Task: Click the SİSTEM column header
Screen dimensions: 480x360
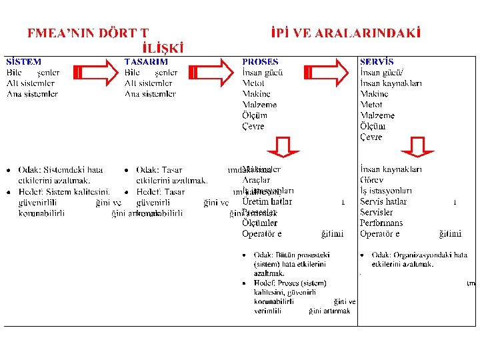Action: (23, 62)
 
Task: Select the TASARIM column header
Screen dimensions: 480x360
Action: (146, 62)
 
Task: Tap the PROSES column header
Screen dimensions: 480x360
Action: (260, 62)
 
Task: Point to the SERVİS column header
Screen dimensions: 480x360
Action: (377, 62)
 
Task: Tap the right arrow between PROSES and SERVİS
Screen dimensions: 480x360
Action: (325, 73)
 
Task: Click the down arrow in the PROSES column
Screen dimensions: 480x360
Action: (283, 147)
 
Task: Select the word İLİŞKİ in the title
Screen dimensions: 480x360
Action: (163, 47)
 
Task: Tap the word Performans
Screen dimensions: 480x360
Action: (381, 223)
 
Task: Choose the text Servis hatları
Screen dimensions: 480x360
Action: (383, 201)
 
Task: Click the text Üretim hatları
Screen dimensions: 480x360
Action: (267, 201)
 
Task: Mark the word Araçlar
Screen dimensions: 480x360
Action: (256, 180)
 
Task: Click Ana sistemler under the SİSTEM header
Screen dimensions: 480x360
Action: (32, 94)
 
